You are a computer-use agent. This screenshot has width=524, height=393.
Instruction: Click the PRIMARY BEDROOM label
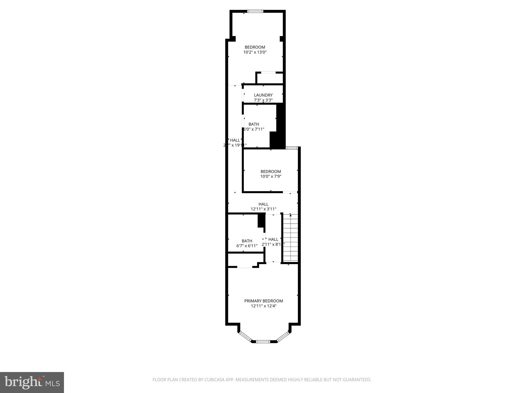pyautogui.click(x=264, y=301)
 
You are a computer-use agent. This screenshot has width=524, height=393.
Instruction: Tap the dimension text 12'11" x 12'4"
pyautogui.click(x=264, y=306)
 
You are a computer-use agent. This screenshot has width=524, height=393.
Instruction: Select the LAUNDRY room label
pyautogui.click(x=263, y=95)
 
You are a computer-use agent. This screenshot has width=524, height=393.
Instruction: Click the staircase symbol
pyautogui.click(x=290, y=238)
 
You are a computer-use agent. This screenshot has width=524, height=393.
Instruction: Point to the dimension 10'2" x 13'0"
pyautogui.click(x=255, y=52)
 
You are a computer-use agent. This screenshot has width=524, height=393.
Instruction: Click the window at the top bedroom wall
pyautogui.click(x=255, y=11)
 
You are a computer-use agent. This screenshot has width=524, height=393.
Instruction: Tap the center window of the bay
pyautogui.click(x=263, y=341)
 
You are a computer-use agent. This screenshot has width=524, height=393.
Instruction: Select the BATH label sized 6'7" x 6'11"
pyautogui.click(x=247, y=241)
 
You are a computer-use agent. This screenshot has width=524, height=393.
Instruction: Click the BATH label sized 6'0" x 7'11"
pyautogui.click(x=254, y=124)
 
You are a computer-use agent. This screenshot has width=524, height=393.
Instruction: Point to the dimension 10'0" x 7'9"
pyautogui.click(x=271, y=176)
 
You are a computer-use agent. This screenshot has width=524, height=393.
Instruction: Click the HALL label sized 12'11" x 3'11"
pyautogui.click(x=263, y=204)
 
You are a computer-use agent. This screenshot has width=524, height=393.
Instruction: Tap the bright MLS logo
pyautogui.click(x=32, y=382)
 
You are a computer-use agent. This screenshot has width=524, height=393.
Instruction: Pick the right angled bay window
pyautogui.click(x=283, y=336)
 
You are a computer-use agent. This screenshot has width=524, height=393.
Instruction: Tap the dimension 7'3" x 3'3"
pyautogui.click(x=263, y=100)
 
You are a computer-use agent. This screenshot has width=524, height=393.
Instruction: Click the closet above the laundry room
pyautogui.click(x=270, y=78)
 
